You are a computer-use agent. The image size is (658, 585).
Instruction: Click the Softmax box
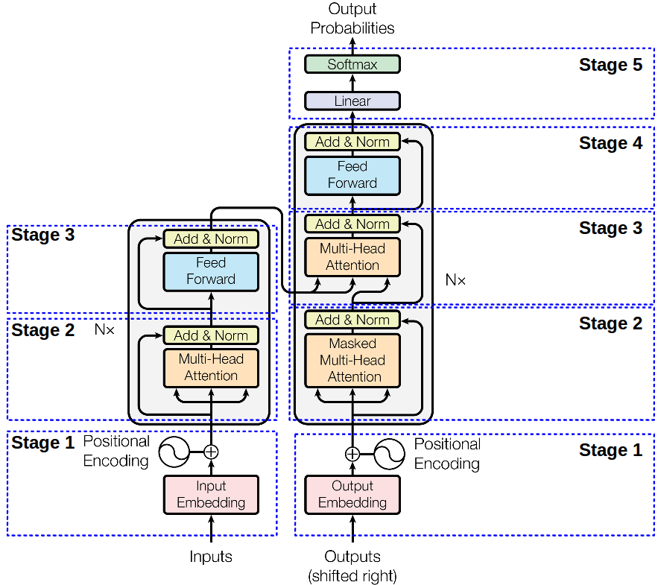tap(352, 64)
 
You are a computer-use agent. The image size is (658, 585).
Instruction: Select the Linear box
tap(352, 101)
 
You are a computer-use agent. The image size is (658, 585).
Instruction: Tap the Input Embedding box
tap(211, 494)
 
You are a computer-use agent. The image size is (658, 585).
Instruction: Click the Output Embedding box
tap(352, 494)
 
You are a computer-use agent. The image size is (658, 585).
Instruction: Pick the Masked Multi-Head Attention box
tap(352, 360)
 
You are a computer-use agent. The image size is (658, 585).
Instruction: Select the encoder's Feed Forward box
tap(211, 271)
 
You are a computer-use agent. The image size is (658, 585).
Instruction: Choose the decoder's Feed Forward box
tap(352, 175)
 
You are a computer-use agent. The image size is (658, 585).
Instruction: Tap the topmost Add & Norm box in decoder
tap(352, 142)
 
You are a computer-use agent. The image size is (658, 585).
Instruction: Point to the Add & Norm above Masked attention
tap(352, 320)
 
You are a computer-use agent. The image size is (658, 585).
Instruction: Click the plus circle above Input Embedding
tap(211, 451)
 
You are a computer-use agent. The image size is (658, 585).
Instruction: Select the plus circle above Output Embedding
tap(352, 454)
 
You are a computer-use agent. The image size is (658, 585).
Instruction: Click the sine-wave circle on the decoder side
tap(389, 454)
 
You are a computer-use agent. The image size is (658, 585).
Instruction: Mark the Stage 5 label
tap(610, 66)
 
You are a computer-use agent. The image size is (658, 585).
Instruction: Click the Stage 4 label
tap(610, 143)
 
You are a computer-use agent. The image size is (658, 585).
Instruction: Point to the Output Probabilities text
tap(352, 19)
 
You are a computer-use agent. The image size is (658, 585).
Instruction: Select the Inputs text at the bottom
tap(211, 557)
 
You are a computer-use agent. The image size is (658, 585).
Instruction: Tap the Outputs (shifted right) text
tap(352, 566)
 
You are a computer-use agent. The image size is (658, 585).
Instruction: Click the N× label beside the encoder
tap(104, 329)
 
